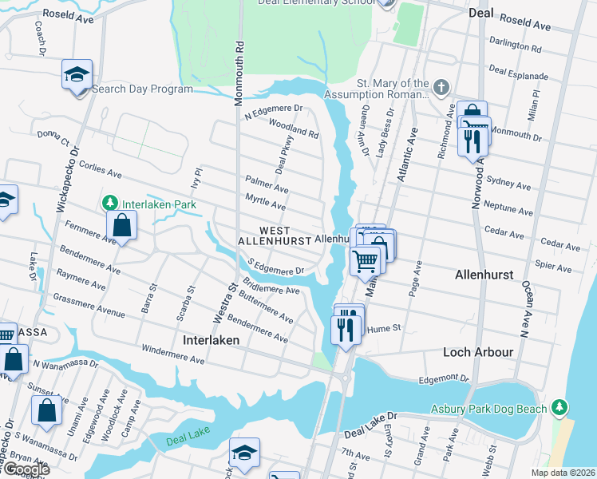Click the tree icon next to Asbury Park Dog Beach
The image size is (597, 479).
coord(561,408)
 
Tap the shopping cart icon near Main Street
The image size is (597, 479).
coord(366,259)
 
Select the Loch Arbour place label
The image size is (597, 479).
coord(477,352)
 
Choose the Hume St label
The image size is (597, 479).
coord(383,327)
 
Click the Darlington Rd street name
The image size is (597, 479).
coord(515,47)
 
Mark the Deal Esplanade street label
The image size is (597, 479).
coord(518,73)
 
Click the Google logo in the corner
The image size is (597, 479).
coord(26,469)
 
